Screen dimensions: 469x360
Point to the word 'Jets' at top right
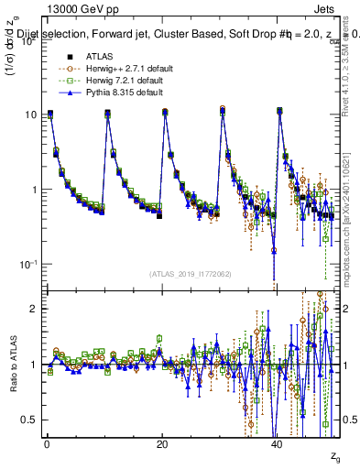328,8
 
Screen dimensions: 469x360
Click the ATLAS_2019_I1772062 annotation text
191,274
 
